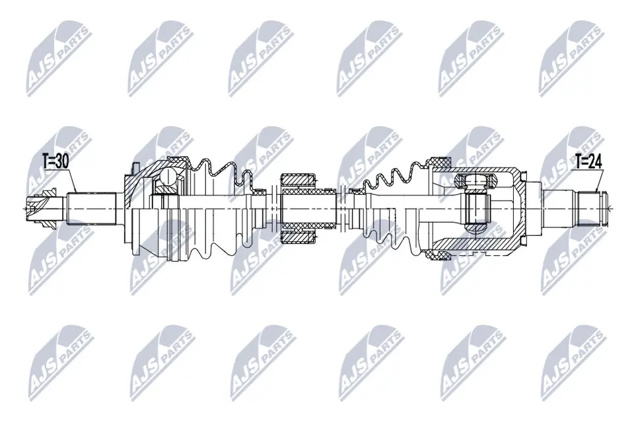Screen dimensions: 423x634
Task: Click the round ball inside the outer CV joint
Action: [x=169, y=176]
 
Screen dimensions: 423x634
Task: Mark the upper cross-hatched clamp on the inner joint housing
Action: [x=439, y=163]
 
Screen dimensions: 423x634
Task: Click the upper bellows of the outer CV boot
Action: [x=218, y=171]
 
